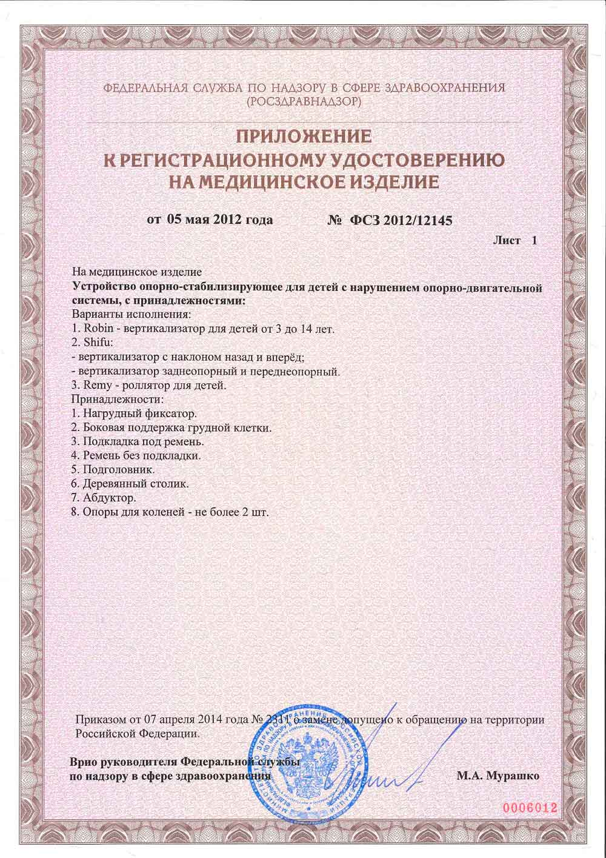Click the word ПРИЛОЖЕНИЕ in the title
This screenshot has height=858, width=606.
click(302, 137)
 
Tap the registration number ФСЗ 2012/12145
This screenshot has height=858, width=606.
click(400, 220)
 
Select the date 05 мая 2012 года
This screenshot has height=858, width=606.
click(219, 220)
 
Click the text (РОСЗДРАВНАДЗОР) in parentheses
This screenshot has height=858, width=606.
click(304, 101)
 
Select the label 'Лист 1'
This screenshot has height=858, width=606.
click(515, 241)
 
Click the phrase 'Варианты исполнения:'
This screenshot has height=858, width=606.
click(132, 315)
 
